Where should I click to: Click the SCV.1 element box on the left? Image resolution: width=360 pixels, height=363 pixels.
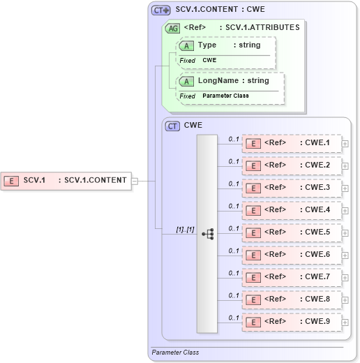66,180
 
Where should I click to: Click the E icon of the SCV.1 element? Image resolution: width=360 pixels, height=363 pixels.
11,181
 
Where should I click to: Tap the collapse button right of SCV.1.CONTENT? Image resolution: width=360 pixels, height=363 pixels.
135,181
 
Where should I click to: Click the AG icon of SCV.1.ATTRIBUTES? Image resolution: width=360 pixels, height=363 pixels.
172,28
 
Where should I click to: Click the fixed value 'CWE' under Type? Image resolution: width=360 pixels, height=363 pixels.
209,61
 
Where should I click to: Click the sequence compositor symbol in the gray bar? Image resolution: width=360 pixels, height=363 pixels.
207,234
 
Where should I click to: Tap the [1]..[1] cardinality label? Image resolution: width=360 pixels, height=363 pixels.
185,229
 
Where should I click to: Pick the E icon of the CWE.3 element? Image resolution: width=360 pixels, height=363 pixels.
255,188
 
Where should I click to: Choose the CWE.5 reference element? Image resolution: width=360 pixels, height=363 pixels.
292,232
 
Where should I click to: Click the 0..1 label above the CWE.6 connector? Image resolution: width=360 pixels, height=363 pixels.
234,250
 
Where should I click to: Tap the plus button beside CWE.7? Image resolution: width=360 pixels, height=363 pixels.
345,278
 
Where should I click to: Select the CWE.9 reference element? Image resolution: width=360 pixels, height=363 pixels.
292,322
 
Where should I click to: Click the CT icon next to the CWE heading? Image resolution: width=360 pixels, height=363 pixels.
172,126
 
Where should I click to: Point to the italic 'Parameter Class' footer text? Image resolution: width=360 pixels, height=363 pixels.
175,353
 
